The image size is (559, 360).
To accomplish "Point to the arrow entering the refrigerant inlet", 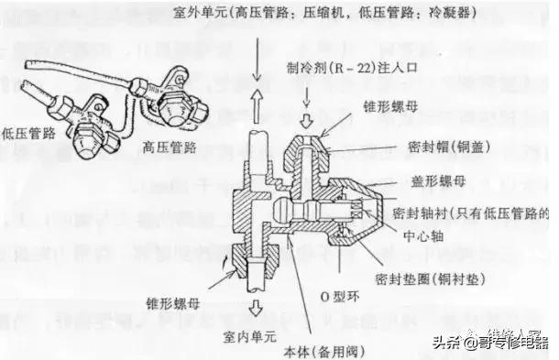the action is pos(306,116).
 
